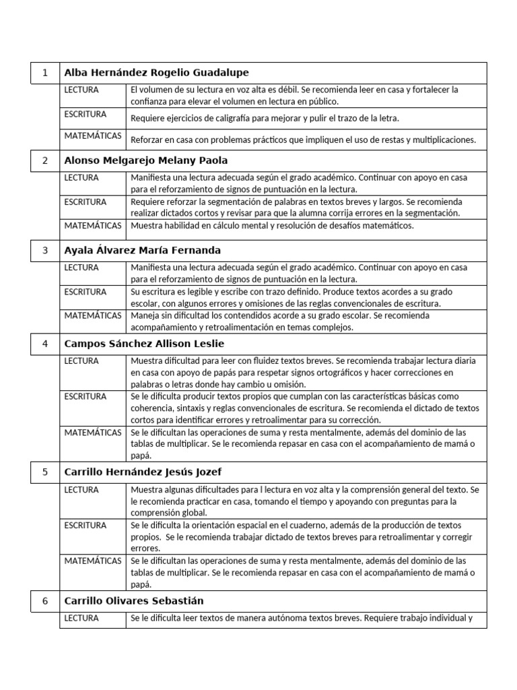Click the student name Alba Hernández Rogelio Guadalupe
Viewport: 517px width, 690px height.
coord(156,73)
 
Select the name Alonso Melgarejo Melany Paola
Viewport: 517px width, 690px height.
coord(145,160)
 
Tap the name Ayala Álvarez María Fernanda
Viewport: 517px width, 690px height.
coord(142,250)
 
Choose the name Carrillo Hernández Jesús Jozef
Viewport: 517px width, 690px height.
coord(143,472)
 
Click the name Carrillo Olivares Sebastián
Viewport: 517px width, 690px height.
coord(133,600)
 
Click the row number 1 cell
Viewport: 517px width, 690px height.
coord(45,73)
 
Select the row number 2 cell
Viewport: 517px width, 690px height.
coord(45,160)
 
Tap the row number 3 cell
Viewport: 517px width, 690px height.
coord(45,250)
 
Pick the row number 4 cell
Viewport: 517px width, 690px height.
coord(45,343)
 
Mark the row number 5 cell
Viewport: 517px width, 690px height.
coord(45,472)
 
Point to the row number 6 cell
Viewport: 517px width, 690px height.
coord(45,600)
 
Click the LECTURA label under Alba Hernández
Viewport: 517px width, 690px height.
coord(81,90)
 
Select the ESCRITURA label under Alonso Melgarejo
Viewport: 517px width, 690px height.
coord(85,201)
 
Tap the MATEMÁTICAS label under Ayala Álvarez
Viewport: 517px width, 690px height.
coord(93,315)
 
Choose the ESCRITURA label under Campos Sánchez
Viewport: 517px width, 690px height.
coord(85,396)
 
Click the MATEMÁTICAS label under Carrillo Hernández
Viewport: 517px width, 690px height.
coord(93,561)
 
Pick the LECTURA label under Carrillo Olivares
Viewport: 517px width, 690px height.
coord(81,617)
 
